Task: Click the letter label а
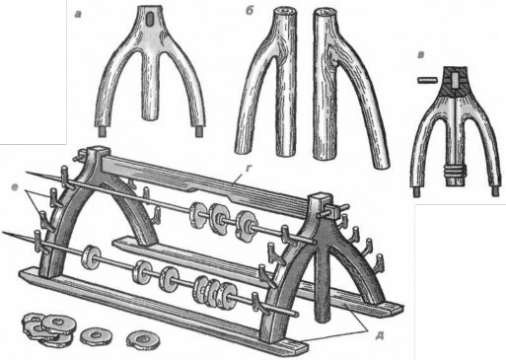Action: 78,14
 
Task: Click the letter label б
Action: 249,11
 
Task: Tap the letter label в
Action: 421,55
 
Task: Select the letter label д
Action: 380,335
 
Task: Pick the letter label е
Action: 14,187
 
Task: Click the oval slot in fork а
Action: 149,21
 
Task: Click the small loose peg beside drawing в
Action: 427,80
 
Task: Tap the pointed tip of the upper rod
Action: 26,172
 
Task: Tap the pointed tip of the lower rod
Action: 4,233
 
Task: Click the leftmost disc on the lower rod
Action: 91,257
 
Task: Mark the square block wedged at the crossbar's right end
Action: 333,210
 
